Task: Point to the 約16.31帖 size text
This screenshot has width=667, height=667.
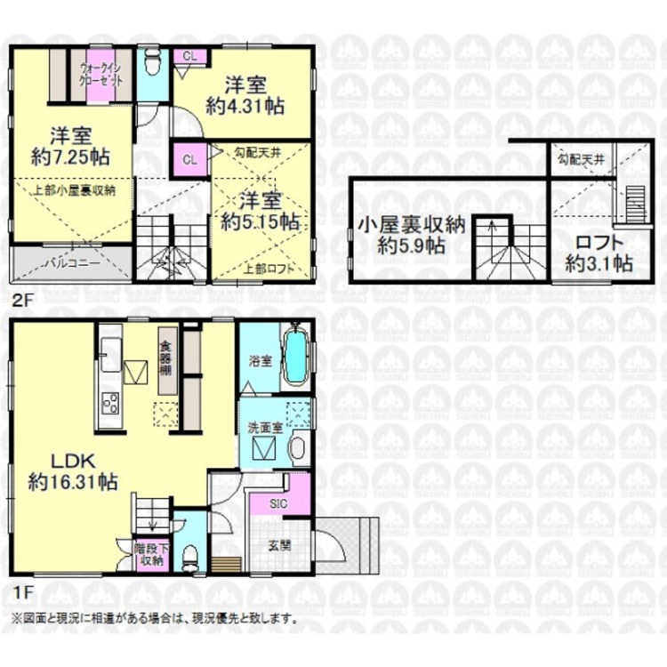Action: coord(74,484)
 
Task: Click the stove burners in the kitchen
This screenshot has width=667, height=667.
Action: coord(109,403)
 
